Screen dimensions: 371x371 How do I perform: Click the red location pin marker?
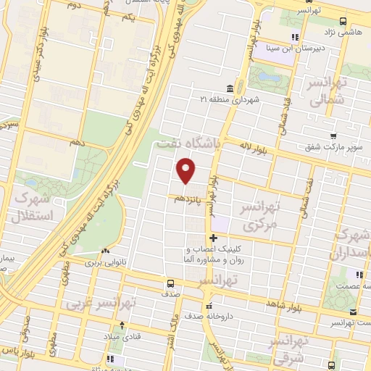click(x=187, y=172)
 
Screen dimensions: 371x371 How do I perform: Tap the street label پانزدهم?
click(x=186, y=196)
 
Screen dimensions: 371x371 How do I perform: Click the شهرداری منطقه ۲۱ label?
click(x=229, y=99)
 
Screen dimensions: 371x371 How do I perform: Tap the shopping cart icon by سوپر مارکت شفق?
click(x=333, y=136)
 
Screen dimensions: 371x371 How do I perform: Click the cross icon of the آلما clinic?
click(x=213, y=238)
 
